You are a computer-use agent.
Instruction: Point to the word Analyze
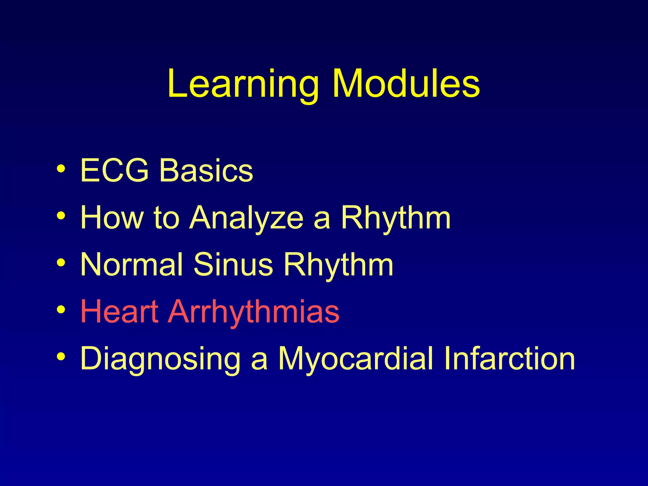(246, 217)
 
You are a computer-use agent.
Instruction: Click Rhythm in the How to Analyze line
(396, 217)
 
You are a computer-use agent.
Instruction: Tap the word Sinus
(233, 264)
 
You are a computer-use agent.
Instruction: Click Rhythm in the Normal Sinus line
(338, 264)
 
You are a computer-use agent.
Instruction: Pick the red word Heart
(119, 311)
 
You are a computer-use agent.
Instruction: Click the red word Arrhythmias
(253, 311)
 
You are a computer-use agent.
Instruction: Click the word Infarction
(509, 358)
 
